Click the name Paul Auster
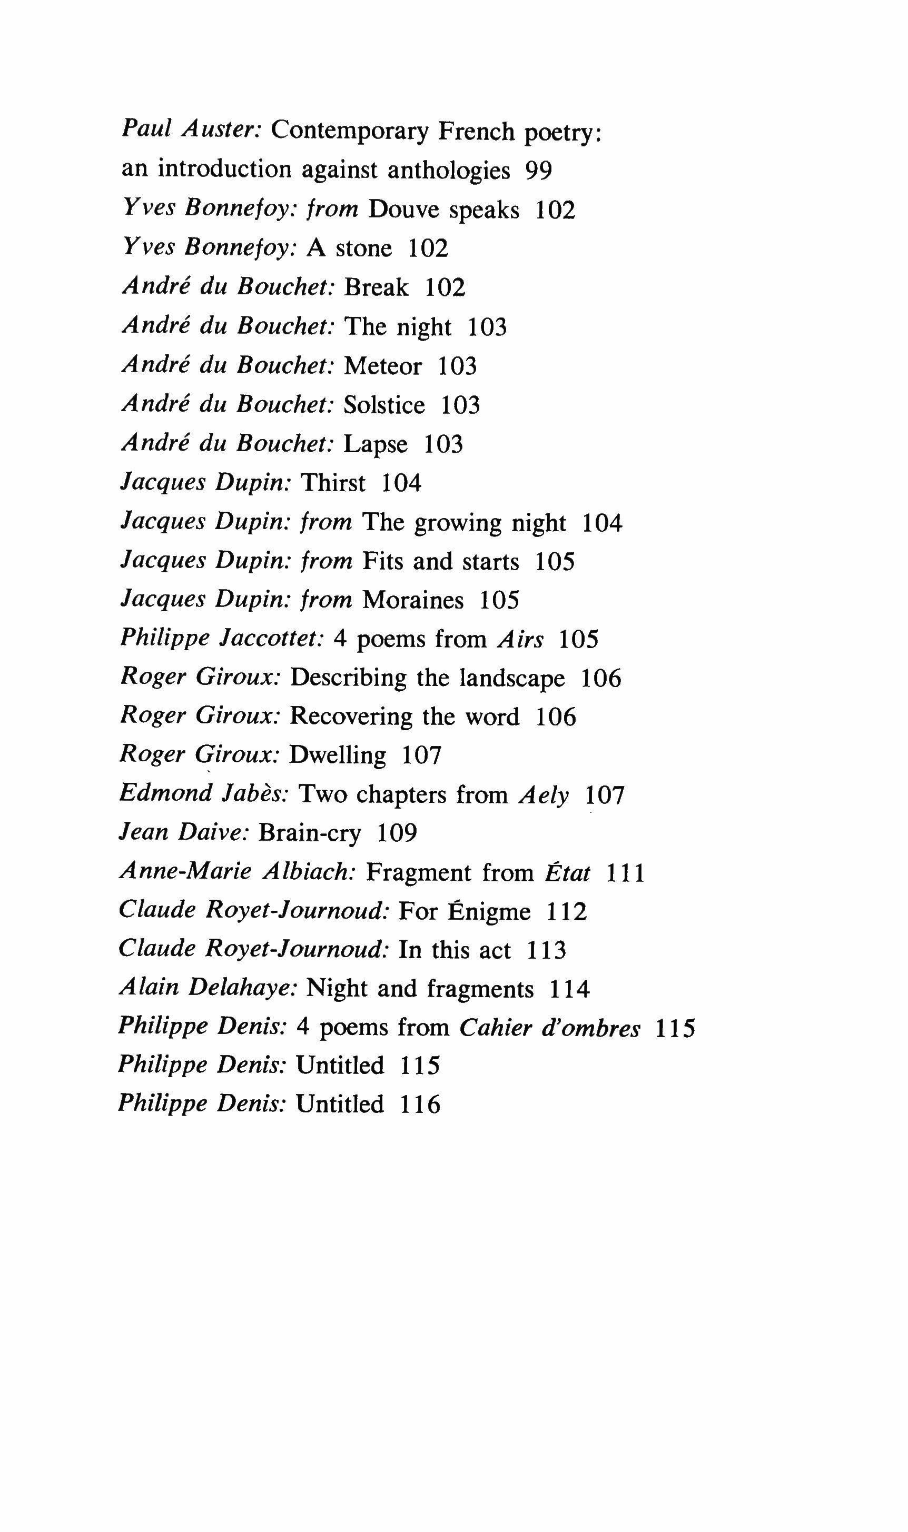tap(192, 130)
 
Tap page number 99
tap(538, 170)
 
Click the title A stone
tap(349, 248)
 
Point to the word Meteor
tap(383, 366)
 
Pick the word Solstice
tap(384, 405)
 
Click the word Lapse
tap(376, 445)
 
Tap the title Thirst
tap(333, 483)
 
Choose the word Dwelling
tap(338, 756)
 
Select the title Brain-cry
tap(310, 833)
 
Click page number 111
tap(625, 873)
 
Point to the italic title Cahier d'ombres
tap(549, 1028)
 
